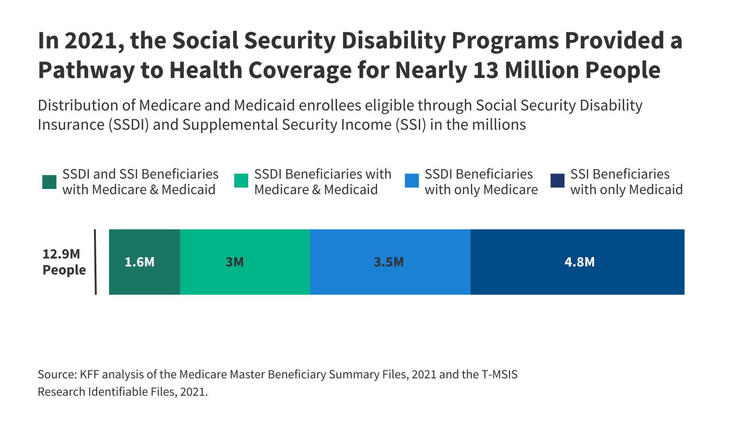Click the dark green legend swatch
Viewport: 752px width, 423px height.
49,181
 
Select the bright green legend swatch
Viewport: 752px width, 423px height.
241,181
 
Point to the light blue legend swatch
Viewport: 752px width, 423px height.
412,181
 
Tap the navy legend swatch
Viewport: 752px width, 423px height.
557,181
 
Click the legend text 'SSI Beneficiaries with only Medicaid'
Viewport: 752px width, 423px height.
626,182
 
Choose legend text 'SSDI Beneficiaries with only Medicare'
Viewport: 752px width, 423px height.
481,182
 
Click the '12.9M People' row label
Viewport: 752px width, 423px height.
64,262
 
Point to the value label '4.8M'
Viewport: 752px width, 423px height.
580,262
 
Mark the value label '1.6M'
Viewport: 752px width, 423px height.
140,262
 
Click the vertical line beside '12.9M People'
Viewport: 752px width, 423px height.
95,262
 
